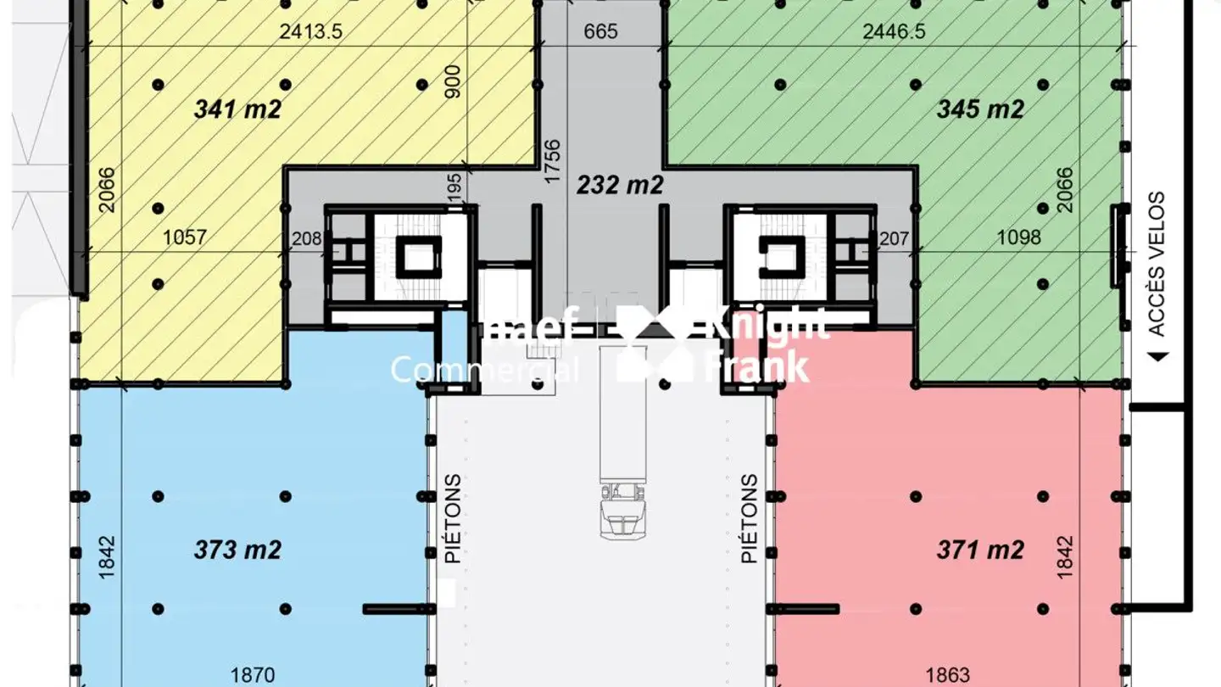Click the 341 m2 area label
pyautogui.click(x=237, y=109)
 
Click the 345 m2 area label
pyautogui.click(x=980, y=109)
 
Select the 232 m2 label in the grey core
pyautogui.click(x=620, y=185)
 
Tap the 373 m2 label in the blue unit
pyautogui.click(x=237, y=550)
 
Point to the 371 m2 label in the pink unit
pyautogui.click(x=980, y=550)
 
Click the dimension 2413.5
pyautogui.click(x=310, y=32)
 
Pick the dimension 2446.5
pyautogui.click(x=894, y=32)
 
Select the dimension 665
pyautogui.click(x=601, y=32)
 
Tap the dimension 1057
pyautogui.click(x=184, y=237)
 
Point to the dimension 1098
pyautogui.click(x=1018, y=237)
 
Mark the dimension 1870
pyautogui.click(x=253, y=675)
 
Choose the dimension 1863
pyautogui.click(x=948, y=675)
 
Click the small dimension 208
pyautogui.click(x=306, y=239)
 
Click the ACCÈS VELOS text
pyautogui.click(x=1157, y=264)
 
